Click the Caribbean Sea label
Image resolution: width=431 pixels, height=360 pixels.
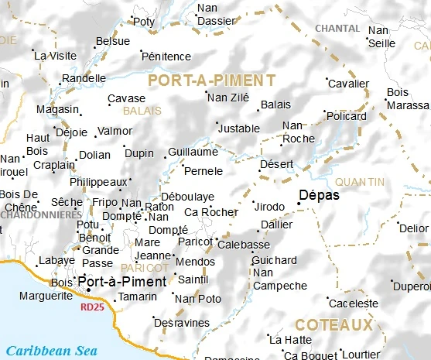[x=53, y=351]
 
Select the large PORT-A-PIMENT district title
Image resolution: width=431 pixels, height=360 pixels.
[x=211, y=80]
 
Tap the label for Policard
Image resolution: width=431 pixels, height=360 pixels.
[x=347, y=116]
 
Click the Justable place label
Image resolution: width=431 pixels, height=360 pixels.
[x=239, y=129]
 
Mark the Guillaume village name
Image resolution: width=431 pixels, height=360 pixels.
[x=193, y=153]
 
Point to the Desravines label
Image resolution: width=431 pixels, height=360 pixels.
[x=183, y=322]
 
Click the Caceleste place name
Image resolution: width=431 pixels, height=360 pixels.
[x=355, y=303]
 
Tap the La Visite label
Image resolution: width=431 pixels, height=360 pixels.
[x=56, y=56]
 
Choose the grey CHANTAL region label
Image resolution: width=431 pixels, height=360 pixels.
[x=337, y=29]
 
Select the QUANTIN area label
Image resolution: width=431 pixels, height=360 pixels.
[x=360, y=182]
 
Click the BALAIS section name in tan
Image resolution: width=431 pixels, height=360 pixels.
[x=142, y=111]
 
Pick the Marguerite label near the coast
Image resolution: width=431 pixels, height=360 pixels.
[x=46, y=296]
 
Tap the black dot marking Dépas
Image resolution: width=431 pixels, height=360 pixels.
[x=299, y=204]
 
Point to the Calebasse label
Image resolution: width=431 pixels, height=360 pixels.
[x=244, y=245]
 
